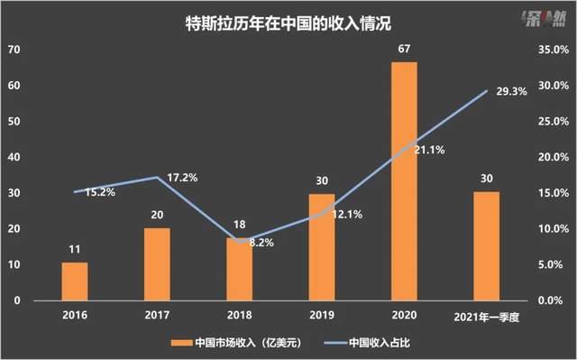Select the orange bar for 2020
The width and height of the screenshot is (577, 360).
tap(404, 180)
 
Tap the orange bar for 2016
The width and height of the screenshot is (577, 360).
tap(75, 281)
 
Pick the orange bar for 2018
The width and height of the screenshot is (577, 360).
tap(239, 268)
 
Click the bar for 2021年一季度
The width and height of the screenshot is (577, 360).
tap(486, 245)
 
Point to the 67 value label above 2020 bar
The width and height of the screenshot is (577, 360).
tap(404, 51)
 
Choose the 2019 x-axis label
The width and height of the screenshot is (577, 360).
tap(321, 314)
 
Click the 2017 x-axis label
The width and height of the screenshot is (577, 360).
tap(157, 314)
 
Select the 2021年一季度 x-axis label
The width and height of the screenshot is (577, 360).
tap(486, 315)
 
